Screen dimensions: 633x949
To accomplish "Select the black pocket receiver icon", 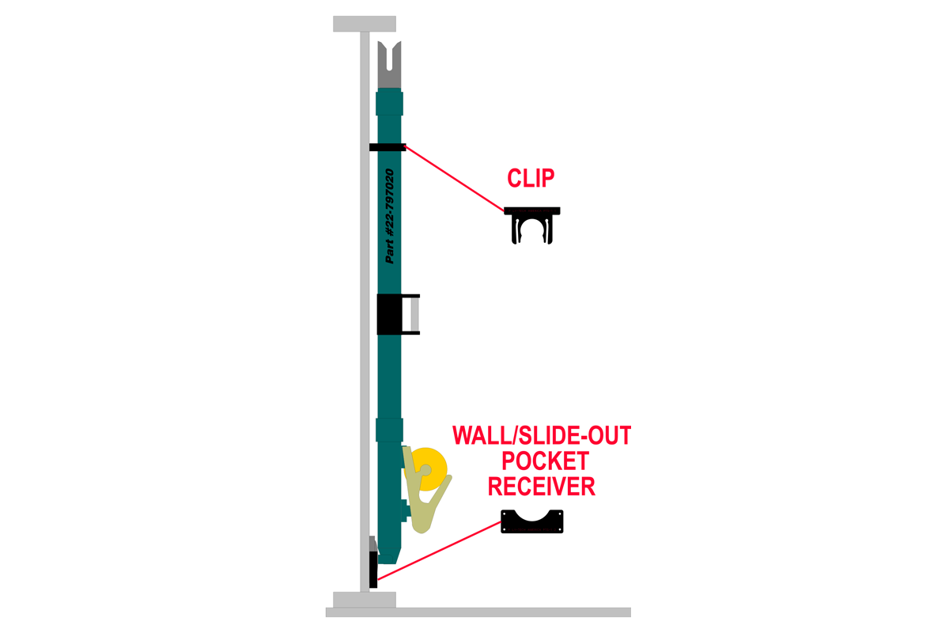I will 532,522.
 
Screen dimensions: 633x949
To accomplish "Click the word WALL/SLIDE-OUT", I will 542,435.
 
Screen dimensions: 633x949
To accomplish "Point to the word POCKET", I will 542,461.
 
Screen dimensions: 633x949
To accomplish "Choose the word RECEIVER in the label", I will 542,486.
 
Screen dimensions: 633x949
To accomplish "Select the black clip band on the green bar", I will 388,146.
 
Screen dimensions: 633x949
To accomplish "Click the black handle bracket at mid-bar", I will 391,314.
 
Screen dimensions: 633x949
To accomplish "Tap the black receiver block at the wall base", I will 373,566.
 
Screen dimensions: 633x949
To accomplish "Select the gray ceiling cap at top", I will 364,24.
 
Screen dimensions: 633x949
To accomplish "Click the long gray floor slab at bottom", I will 478,612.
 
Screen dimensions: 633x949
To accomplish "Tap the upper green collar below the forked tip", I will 388,104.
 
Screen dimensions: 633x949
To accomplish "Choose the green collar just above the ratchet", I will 389,430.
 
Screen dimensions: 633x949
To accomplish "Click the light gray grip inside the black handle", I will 414,314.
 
